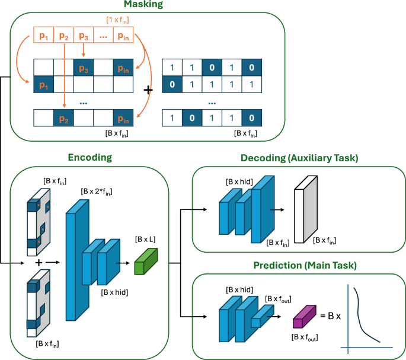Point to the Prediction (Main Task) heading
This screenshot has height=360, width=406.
299,264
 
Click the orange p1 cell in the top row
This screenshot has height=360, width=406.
44,36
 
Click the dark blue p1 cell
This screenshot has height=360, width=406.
44,84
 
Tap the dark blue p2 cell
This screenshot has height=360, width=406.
63,119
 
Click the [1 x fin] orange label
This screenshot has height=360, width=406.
119,20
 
